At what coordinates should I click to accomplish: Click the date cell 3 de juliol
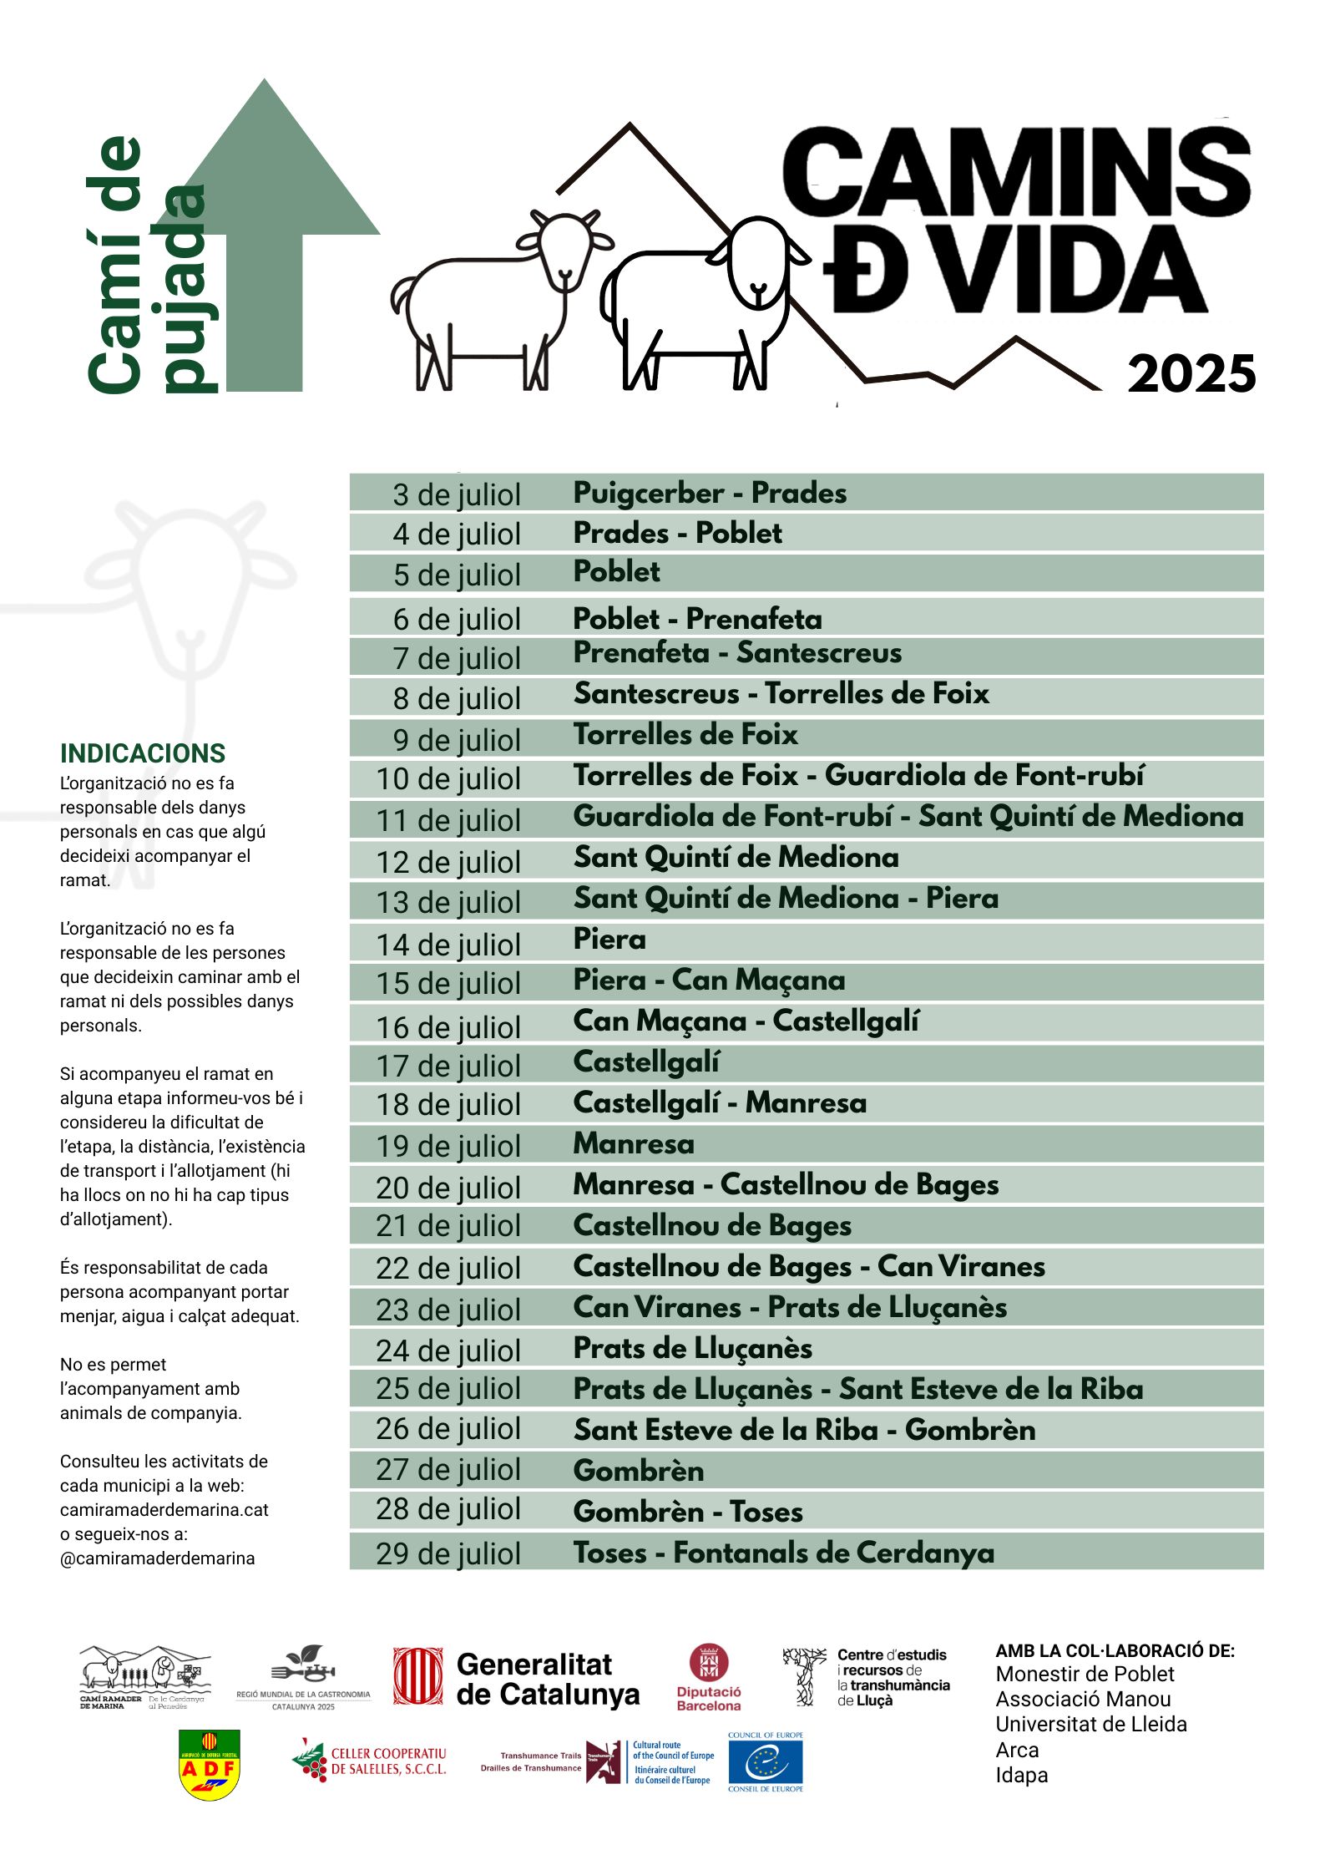click(457, 494)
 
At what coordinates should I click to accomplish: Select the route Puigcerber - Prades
click(710, 493)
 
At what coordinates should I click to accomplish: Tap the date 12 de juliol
click(448, 862)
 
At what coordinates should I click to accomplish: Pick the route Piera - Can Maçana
click(709, 980)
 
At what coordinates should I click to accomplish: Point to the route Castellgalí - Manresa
click(720, 1102)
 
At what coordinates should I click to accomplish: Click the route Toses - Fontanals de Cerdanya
click(783, 1553)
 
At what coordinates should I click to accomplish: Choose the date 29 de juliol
click(448, 1553)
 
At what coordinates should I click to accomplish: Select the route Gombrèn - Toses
click(688, 1512)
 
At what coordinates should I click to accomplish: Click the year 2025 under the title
click(1191, 374)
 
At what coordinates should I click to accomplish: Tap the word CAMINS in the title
click(1015, 171)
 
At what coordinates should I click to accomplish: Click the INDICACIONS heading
click(143, 753)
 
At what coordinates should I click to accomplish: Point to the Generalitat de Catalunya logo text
click(547, 1680)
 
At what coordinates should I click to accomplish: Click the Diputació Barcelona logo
click(709, 1678)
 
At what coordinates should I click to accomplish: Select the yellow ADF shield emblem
click(210, 1764)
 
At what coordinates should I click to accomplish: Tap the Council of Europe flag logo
click(765, 1762)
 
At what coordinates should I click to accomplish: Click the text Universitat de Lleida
click(1090, 1724)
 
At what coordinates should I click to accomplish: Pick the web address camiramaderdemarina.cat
click(164, 1510)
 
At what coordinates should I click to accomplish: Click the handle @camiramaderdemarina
click(158, 1558)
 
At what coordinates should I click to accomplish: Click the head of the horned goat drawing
click(565, 249)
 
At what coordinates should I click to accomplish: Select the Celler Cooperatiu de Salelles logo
click(370, 1761)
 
